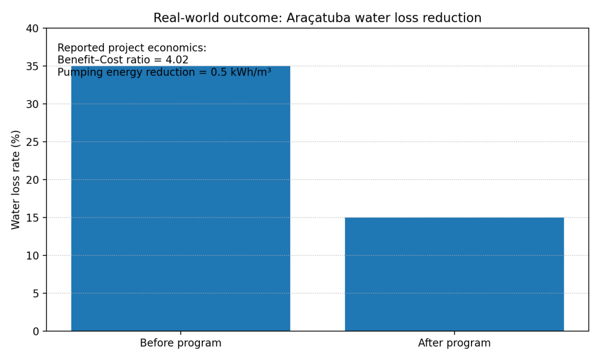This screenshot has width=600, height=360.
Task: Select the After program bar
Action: click(x=454, y=274)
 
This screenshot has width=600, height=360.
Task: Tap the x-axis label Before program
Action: click(x=181, y=343)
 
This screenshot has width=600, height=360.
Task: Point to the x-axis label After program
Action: click(x=454, y=343)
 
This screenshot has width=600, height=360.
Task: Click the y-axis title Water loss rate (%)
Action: click(x=16, y=179)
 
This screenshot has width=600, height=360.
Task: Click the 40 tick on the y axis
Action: click(x=33, y=29)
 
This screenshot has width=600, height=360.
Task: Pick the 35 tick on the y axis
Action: click(x=33, y=66)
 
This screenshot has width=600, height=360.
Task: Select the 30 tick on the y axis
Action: click(x=33, y=104)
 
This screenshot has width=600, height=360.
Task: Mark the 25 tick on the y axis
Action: click(x=33, y=142)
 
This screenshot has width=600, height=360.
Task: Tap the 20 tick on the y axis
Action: click(x=33, y=180)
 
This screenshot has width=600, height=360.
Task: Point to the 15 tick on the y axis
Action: click(x=33, y=218)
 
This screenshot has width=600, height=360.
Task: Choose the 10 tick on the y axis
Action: click(x=33, y=256)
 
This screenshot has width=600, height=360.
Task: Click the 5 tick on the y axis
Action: click(x=36, y=293)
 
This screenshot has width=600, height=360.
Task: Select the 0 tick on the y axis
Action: click(x=36, y=331)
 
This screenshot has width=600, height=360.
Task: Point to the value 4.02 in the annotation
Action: click(x=177, y=60)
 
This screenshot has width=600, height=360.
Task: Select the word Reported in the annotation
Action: click(x=80, y=48)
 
